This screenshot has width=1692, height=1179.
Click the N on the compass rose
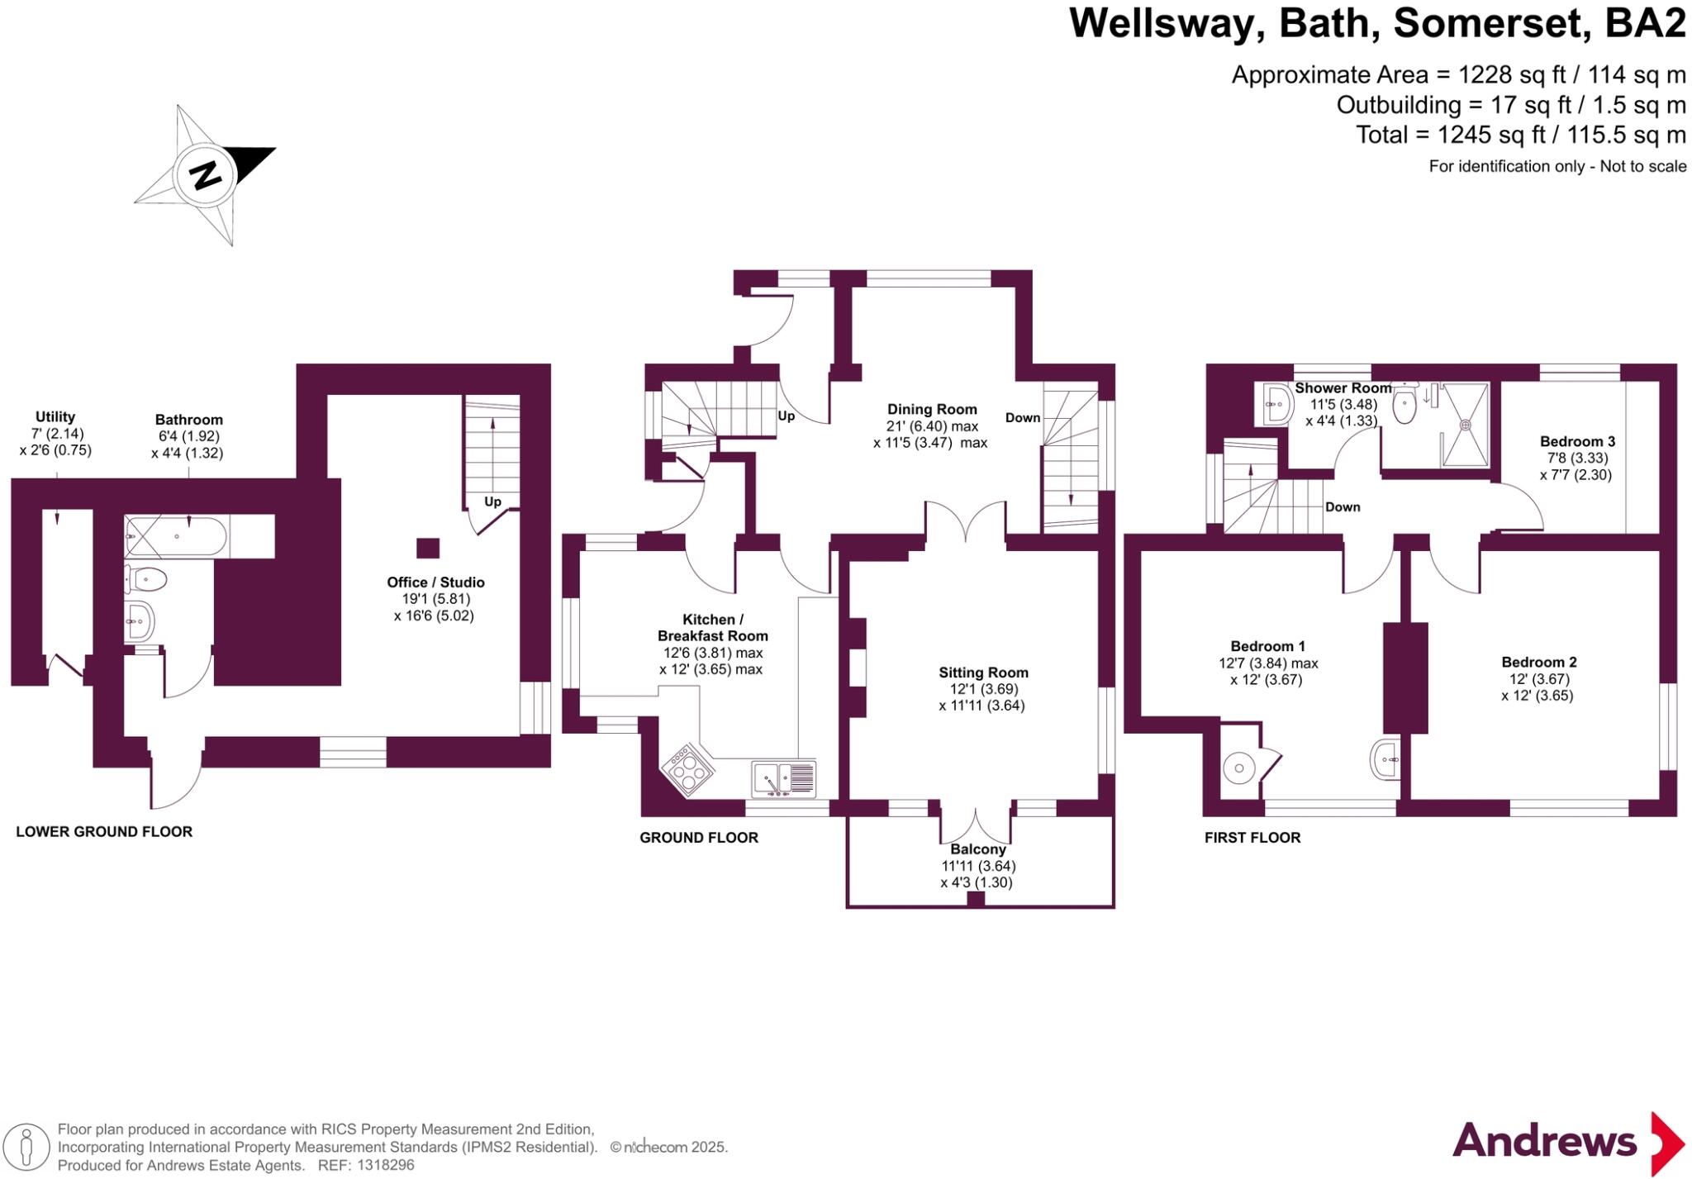pos(205,175)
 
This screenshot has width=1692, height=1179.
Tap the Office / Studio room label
pos(435,582)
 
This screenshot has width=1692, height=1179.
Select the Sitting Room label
pos(983,673)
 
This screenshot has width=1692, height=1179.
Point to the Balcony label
pos(978,849)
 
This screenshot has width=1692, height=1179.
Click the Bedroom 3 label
pos(1577,442)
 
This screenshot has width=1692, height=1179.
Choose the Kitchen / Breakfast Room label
pos(712,628)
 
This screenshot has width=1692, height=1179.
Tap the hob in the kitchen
pos(687,770)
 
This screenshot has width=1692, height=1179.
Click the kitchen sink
pos(782,777)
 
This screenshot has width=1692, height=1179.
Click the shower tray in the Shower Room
pos(1465,425)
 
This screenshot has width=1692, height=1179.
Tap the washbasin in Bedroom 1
pos(1385,758)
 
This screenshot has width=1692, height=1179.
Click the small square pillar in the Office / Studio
pos(427,548)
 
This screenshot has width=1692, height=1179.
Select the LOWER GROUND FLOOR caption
pos(104,832)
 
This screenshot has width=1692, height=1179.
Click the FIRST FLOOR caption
pos(1252,838)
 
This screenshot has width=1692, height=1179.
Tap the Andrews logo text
pos(1544,1142)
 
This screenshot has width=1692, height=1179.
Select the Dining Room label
pos(932,410)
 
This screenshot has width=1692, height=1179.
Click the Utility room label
pos(55,417)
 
